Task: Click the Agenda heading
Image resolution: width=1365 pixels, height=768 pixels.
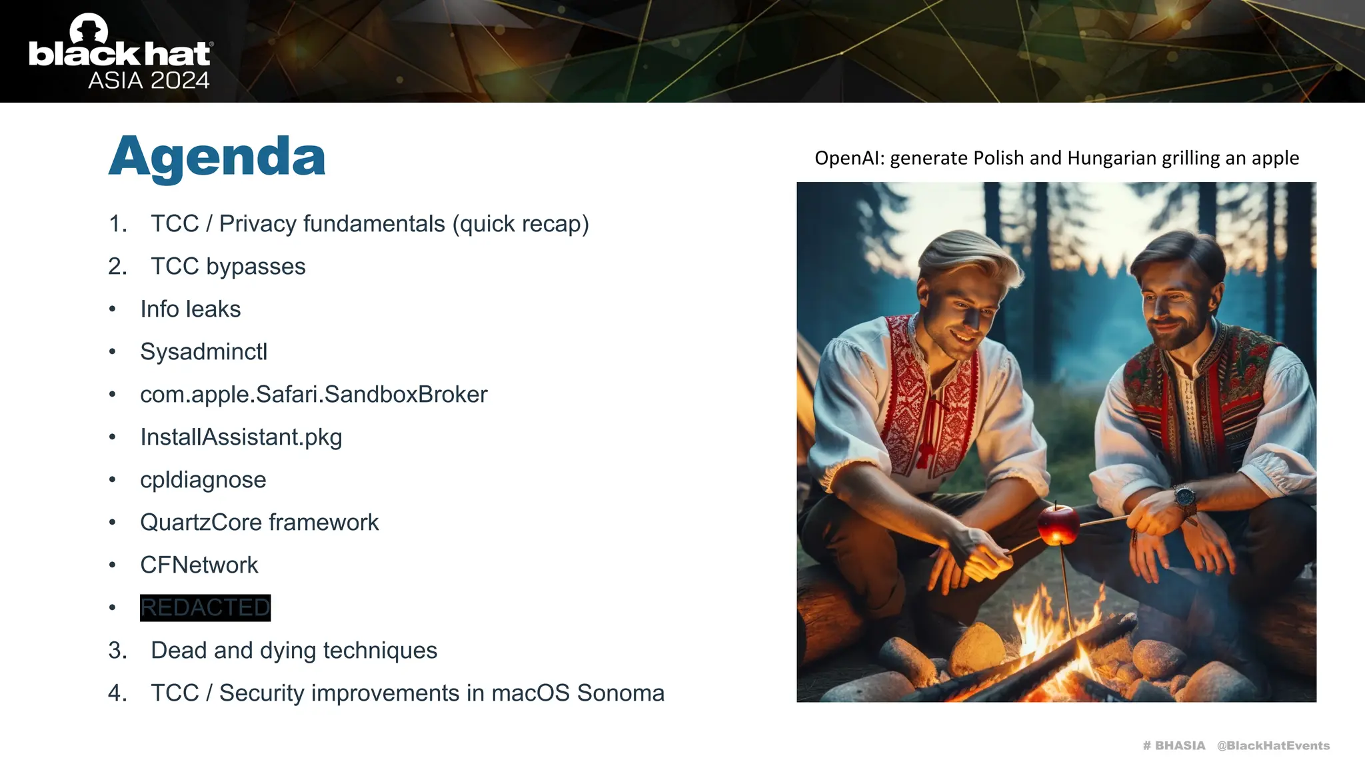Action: [217, 157]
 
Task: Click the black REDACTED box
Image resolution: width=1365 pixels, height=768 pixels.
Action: [205, 607]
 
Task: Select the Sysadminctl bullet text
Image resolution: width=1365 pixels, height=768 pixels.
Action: [203, 351]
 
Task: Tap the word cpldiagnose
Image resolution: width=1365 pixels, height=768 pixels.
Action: [203, 480]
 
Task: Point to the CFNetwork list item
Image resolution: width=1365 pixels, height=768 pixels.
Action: [199, 565]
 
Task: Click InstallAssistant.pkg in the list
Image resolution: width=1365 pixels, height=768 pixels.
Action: [241, 437]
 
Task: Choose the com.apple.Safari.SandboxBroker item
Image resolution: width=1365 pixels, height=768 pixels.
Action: [313, 395]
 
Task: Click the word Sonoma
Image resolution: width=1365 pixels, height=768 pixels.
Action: [621, 693]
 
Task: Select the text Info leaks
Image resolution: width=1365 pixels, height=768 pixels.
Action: [190, 309]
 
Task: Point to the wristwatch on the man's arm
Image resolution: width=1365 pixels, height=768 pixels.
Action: [1184, 497]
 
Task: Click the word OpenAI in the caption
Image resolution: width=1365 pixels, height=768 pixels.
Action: [849, 158]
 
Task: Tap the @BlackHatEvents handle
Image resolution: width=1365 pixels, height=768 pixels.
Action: [1273, 745]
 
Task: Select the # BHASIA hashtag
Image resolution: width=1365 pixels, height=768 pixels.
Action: [1174, 745]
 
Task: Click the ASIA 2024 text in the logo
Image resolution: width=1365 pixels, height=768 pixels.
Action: [149, 81]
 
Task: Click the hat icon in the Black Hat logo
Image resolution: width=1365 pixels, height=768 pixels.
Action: [89, 28]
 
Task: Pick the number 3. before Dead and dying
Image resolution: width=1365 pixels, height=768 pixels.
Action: [117, 651]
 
